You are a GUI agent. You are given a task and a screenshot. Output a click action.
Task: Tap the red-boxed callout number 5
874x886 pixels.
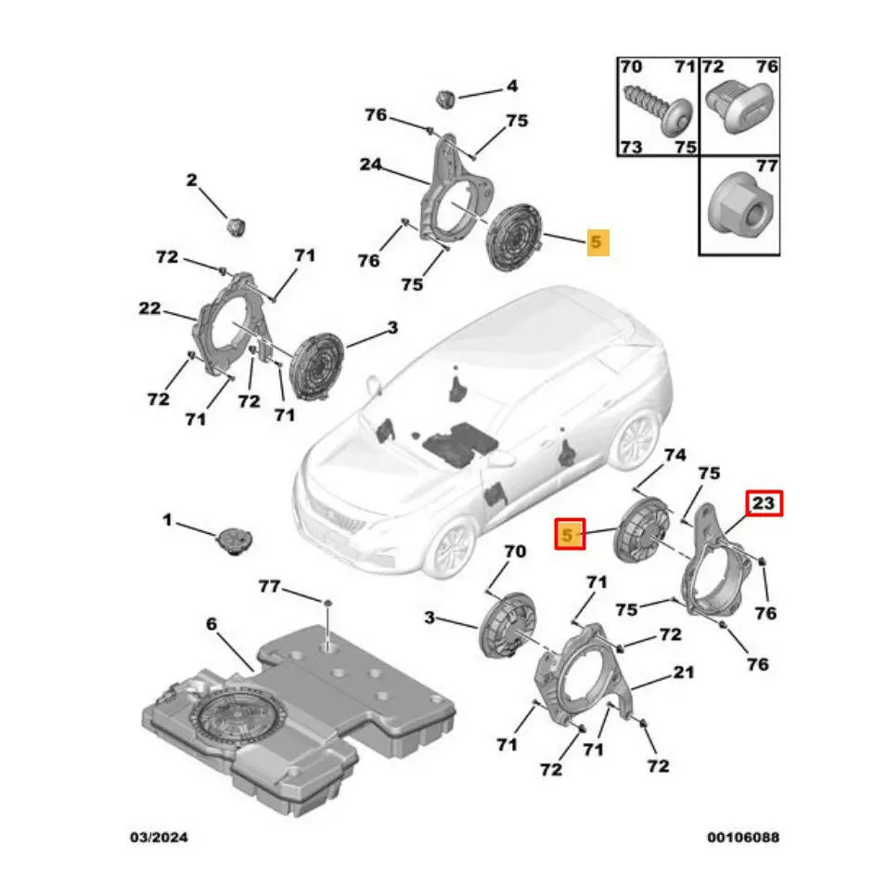(569, 535)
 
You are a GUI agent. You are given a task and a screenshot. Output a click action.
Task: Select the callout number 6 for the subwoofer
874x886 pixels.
(211, 625)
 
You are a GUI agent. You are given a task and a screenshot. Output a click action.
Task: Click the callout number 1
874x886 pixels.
(167, 522)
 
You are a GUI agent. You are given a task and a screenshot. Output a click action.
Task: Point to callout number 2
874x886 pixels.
(192, 180)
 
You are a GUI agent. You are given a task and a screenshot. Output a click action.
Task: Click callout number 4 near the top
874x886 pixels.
(511, 87)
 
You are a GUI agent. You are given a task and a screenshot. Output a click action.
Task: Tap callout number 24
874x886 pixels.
(371, 165)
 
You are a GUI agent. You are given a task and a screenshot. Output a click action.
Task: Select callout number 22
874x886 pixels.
(150, 309)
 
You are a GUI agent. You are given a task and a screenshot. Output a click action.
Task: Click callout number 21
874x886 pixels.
(684, 671)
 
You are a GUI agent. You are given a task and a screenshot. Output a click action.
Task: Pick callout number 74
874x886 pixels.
(675, 455)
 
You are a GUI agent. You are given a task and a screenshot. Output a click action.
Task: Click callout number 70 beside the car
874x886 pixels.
(514, 552)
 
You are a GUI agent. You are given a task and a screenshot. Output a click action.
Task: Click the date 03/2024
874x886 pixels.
(158, 838)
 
